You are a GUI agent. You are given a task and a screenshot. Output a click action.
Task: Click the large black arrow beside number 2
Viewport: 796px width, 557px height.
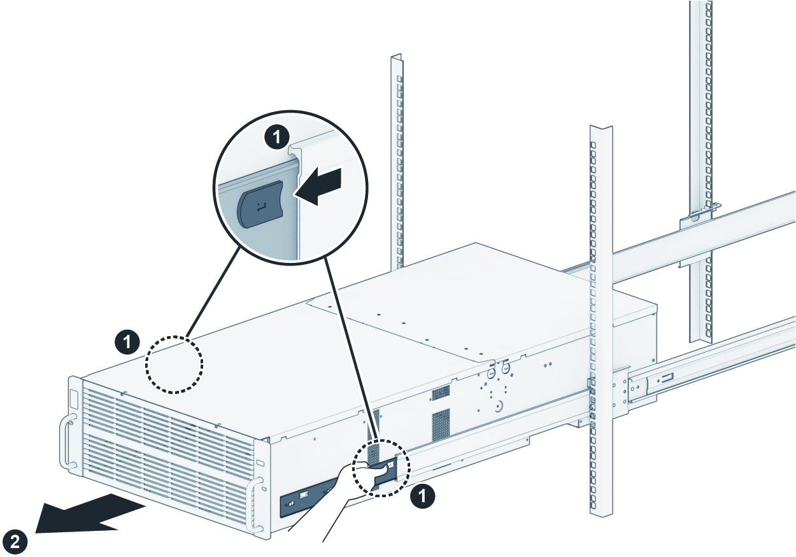(89, 512)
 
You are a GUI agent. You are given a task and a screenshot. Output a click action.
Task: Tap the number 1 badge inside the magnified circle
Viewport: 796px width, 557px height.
(277, 136)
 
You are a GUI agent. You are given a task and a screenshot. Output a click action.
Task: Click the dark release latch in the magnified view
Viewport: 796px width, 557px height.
(260, 204)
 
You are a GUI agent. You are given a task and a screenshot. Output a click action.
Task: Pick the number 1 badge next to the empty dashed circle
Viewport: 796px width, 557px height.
(129, 342)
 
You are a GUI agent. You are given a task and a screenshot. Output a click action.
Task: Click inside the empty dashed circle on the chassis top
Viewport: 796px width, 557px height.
(174, 363)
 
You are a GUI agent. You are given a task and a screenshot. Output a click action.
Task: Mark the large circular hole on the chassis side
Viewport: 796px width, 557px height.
(499, 404)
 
